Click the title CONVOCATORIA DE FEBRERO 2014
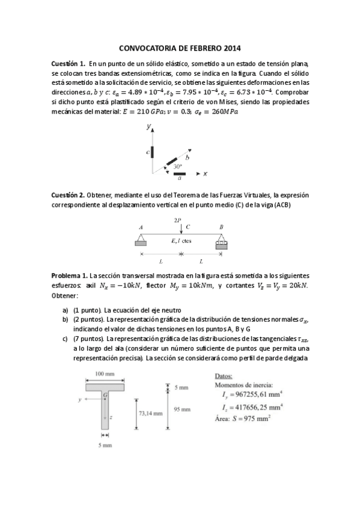180,48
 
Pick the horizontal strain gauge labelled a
180,174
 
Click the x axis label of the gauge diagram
205,174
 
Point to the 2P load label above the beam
178,221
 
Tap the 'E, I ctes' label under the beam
181,241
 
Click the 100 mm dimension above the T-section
105,374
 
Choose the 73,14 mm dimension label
150,413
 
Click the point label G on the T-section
105,395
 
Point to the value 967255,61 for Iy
259,394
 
